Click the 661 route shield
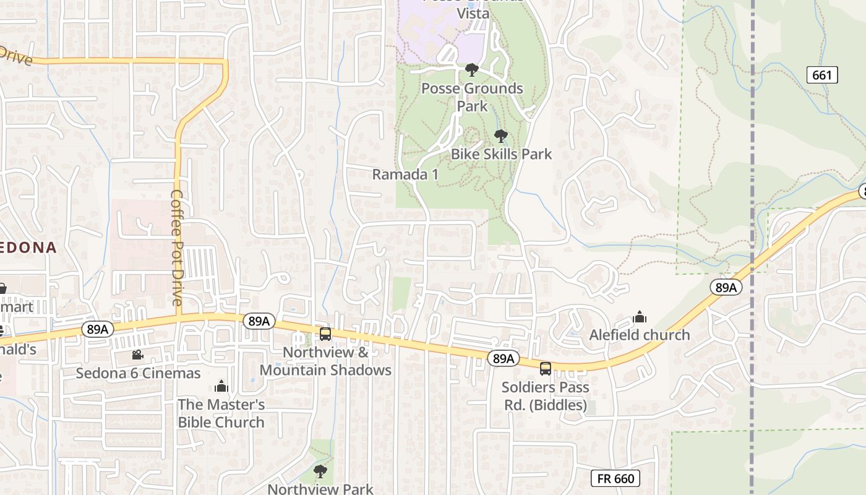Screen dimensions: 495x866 click(x=822, y=75)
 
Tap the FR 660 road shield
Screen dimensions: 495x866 click(x=615, y=478)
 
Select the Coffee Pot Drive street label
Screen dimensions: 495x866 click(x=177, y=247)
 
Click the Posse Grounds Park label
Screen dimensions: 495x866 click(x=472, y=97)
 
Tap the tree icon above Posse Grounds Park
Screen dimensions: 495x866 click(x=472, y=69)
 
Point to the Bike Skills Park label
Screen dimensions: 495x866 click(x=501, y=153)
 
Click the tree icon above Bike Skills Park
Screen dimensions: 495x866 click(x=501, y=136)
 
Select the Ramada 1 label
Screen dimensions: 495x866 click(x=405, y=174)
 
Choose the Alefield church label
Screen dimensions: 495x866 click(x=639, y=335)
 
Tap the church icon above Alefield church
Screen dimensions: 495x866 click(x=640, y=317)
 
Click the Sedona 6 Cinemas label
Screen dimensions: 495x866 click(x=138, y=373)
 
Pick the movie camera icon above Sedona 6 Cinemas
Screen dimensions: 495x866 click(x=137, y=355)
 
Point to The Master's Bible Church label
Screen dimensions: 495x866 click(x=221, y=413)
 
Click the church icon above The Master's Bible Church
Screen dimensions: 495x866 click(x=221, y=387)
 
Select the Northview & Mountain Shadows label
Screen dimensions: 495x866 click(x=325, y=361)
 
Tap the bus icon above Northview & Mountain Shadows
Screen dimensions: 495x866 click(x=325, y=334)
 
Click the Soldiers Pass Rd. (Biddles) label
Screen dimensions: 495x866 click(x=544, y=396)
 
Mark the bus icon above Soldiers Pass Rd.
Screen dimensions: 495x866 click(x=546, y=369)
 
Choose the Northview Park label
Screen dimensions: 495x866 click(x=320, y=489)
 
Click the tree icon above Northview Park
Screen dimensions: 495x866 click(x=320, y=471)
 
